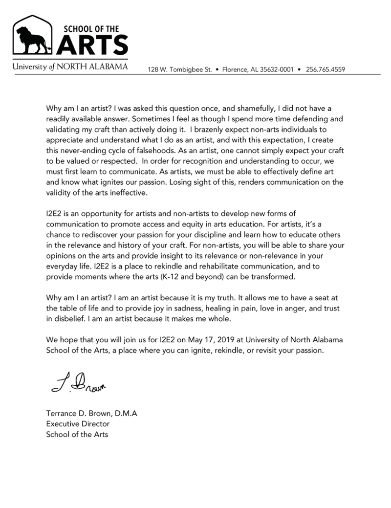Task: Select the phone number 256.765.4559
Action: click(x=326, y=69)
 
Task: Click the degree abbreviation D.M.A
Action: click(x=124, y=413)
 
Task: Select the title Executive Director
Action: click(x=78, y=424)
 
